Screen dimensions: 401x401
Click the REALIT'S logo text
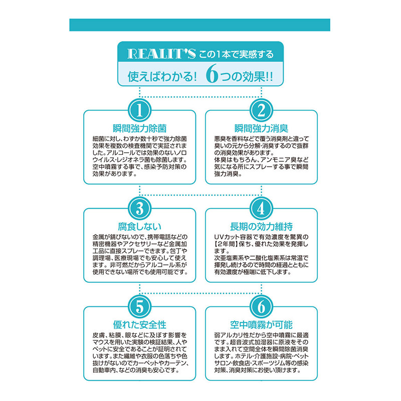click(161, 54)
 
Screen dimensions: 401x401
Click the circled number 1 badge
click(140, 110)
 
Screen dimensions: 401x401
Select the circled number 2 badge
click(261, 110)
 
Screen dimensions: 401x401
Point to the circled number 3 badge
click(140, 209)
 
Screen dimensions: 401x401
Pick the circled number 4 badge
click(261, 209)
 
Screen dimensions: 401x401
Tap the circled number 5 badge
click(140, 307)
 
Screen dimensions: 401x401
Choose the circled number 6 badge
click(261, 307)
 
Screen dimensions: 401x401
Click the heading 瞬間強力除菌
click(140, 128)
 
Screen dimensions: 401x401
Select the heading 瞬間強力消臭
click(261, 128)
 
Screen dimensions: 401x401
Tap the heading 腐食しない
click(140, 227)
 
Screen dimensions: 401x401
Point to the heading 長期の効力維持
click(261, 227)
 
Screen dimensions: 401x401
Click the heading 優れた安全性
click(140, 325)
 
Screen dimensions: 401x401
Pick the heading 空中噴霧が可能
click(261, 325)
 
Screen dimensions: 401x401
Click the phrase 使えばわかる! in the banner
click(162, 77)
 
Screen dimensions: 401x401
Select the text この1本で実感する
click(236, 54)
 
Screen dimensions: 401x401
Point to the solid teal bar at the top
click(199, 25)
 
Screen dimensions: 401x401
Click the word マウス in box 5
click(103, 342)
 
